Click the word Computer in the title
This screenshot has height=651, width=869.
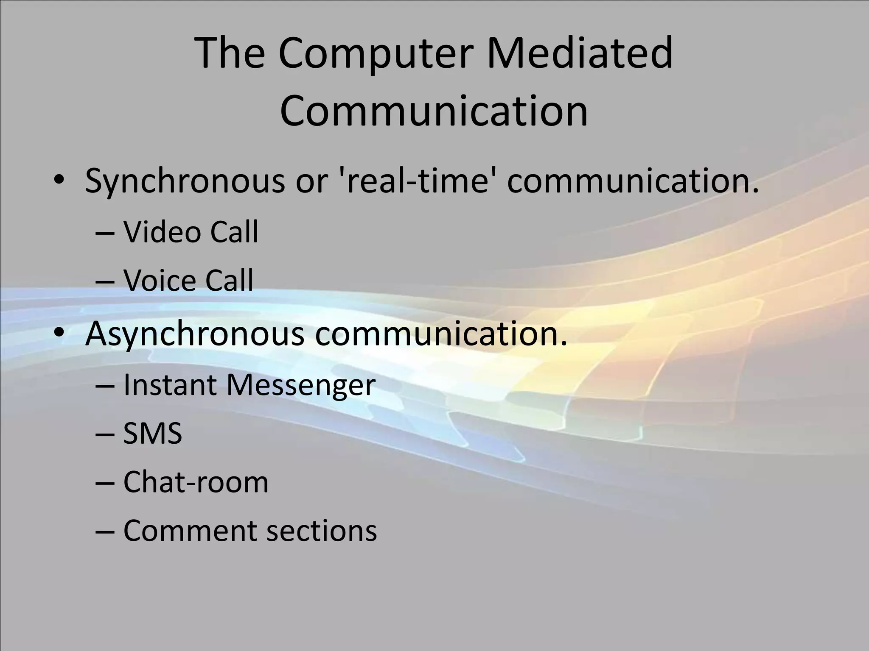[376, 54]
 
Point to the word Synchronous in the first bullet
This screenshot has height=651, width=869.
[185, 181]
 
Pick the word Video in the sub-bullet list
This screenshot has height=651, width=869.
[162, 232]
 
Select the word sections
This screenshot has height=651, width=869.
[322, 531]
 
